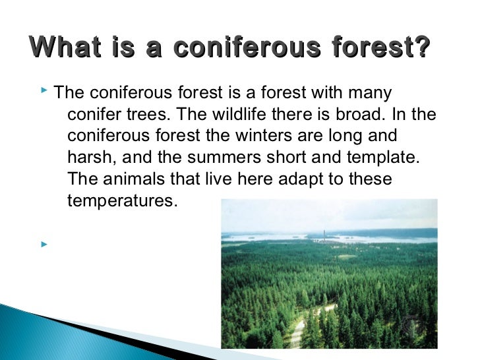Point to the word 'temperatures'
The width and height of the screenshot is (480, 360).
pos(123,201)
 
